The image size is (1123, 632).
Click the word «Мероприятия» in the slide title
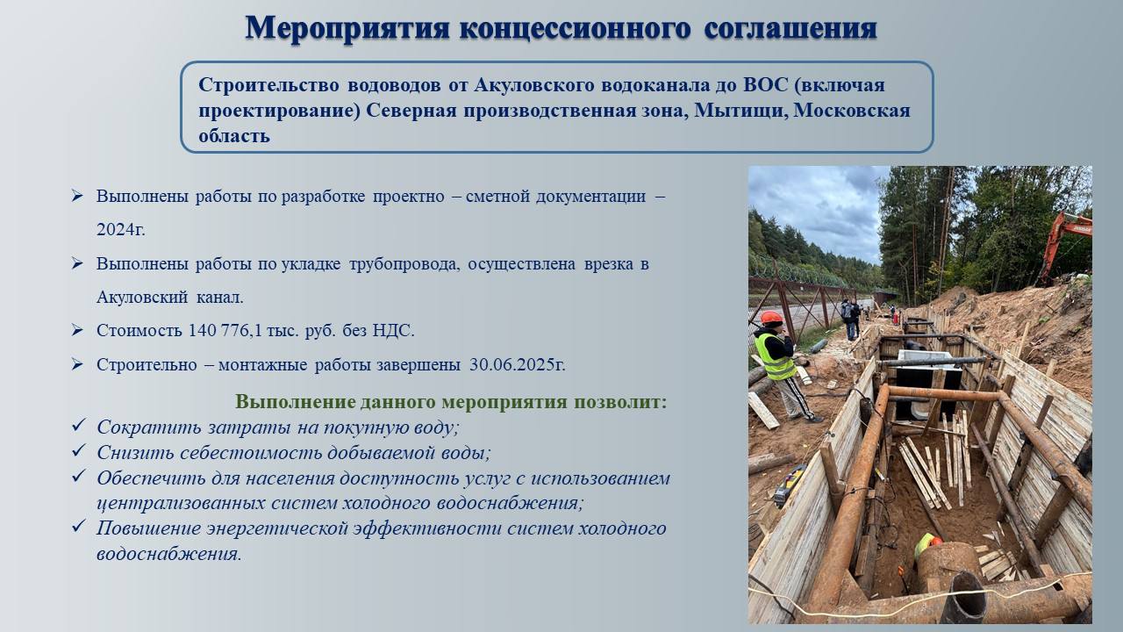[347, 29]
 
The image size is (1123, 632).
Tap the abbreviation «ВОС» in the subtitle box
[766, 85]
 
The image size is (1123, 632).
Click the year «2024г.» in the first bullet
[121, 230]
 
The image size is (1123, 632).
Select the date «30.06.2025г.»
[518, 364]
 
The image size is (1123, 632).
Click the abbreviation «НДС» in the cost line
[393, 331]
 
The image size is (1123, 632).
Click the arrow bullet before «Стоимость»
[77, 330]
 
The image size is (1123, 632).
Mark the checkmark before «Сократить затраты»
[79, 426]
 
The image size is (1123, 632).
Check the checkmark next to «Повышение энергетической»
[79, 526]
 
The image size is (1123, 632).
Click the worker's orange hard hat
[771, 318]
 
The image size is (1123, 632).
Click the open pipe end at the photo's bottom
[963, 599]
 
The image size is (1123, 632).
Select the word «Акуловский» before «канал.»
[142, 298]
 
